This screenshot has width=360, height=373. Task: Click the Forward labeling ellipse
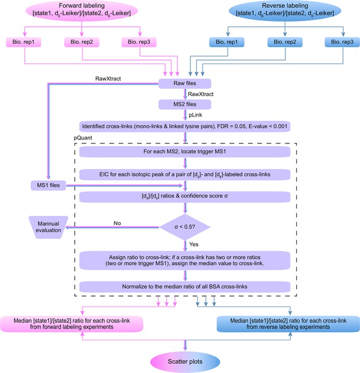(x=82, y=10)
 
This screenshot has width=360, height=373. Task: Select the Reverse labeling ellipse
(x=285, y=10)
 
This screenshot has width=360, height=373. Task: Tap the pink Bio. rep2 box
(x=82, y=42)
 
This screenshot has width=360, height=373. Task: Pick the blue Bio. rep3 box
(x=342, y=42)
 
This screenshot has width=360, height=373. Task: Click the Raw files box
(x=185, y=83)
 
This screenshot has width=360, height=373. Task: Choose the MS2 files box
(x=185, y=104)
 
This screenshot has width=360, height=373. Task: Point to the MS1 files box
(x=48, y=185)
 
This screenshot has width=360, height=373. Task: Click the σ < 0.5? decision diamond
(x=185, y=227)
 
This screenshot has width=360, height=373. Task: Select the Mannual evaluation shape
(x=48, y=227)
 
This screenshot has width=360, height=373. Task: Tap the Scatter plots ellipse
(x=185, y=361)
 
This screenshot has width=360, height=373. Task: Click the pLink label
(x=195, y=115)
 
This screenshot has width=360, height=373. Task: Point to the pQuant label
(x=83, y=138)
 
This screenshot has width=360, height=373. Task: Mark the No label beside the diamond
(x=117, y=223)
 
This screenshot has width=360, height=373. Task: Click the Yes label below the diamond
(x=194, y=244)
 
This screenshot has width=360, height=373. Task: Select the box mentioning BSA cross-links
(x=185, y=287)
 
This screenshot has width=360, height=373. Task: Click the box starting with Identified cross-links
(x=185, y=126)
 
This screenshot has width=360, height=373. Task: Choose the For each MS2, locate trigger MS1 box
(x=185, y=152)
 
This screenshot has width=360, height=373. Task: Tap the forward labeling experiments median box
(x=72, y=324)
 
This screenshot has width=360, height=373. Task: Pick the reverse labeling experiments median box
(x=288, y=324)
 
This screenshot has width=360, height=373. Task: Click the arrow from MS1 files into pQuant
(x=124, y=185)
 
